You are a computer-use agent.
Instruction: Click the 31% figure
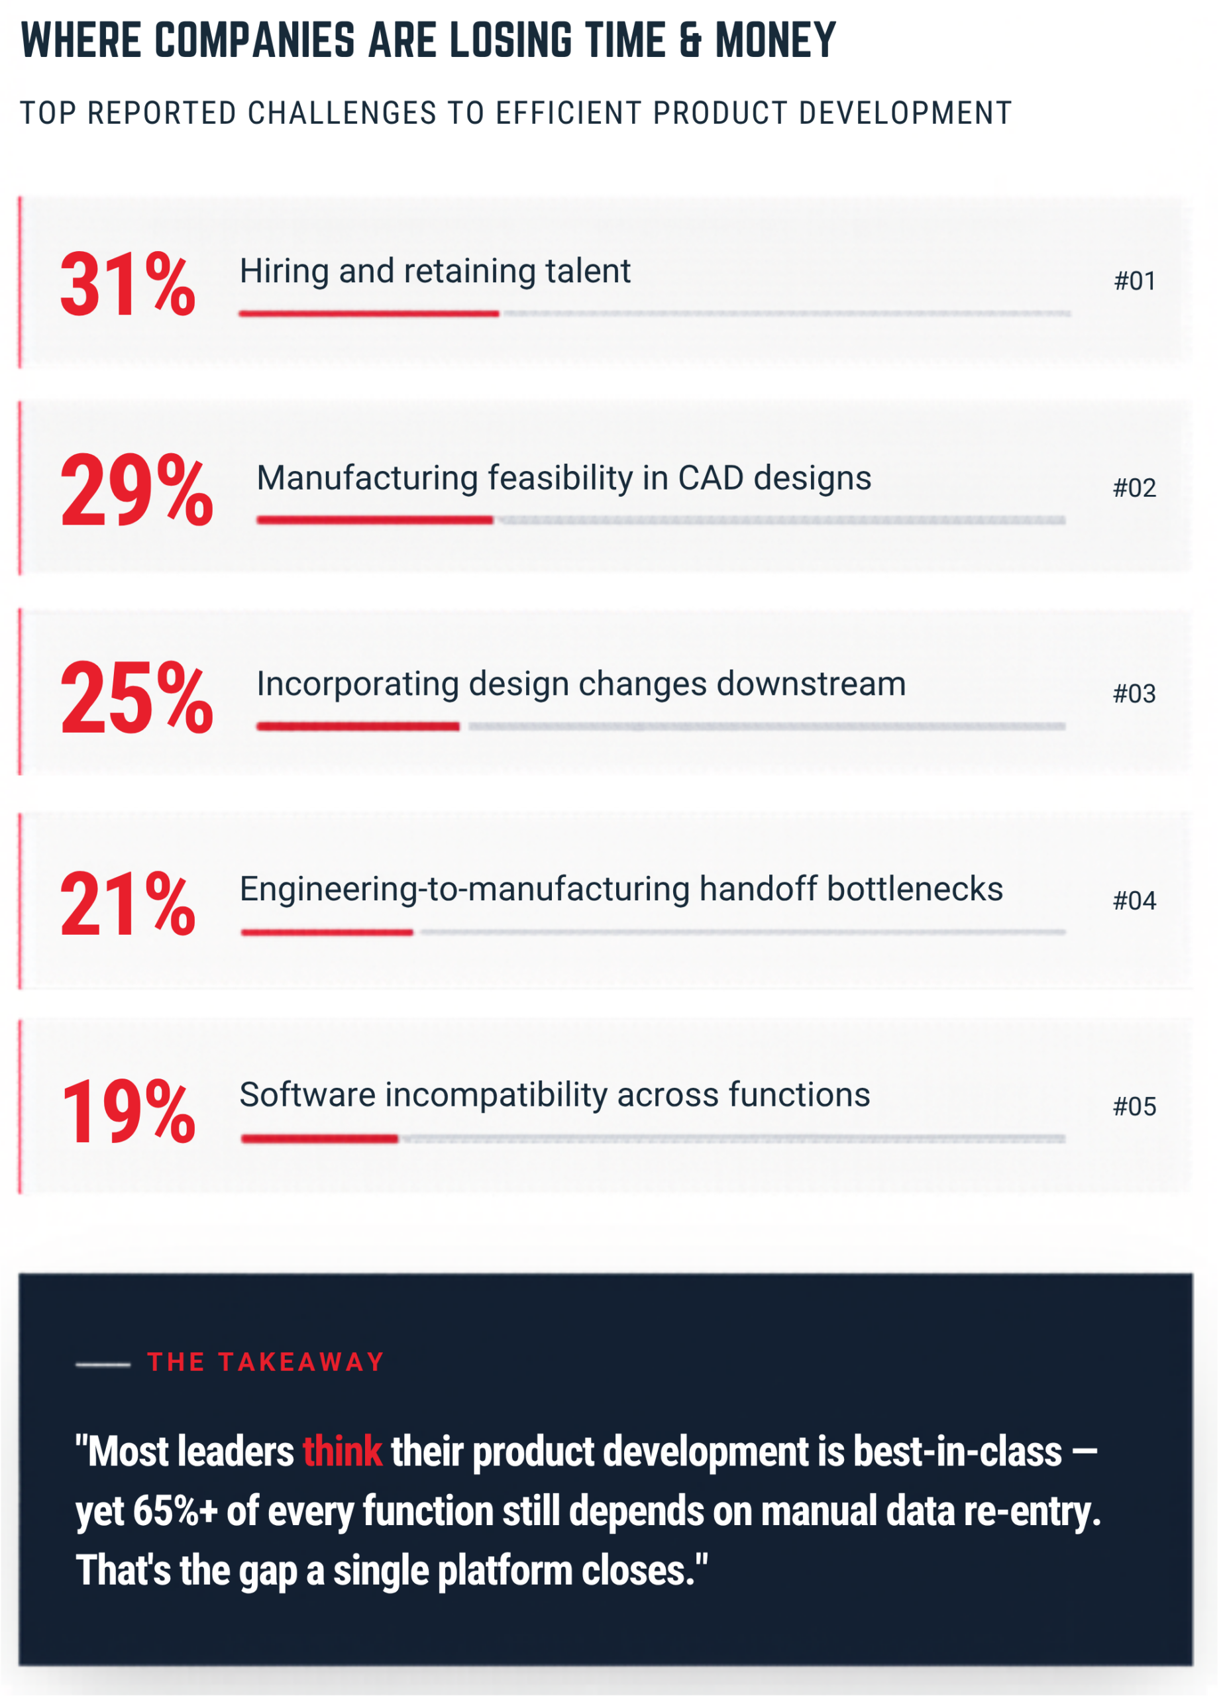(x=127, y=284)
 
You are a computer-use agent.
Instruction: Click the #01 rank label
(x=1134, y=281)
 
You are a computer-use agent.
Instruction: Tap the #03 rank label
(x=1134, y=694)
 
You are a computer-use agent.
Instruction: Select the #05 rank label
(x=1134, y=1107)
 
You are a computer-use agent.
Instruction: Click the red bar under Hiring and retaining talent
(x=369, y=313)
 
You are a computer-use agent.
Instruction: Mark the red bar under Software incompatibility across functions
(x=319, y=1139)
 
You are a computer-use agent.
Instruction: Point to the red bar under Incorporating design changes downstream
(x=358, y=726)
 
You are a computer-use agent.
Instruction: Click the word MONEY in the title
(x=774, y=40)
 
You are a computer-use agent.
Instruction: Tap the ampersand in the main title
(x=690, y=40)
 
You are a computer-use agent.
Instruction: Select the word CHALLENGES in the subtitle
(x=342, y=114)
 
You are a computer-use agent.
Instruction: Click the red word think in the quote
(x=342, y=1452)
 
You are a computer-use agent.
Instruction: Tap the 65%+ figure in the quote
(x=175, y=1511)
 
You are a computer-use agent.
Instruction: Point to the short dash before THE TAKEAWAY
(x=103, y=1365)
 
